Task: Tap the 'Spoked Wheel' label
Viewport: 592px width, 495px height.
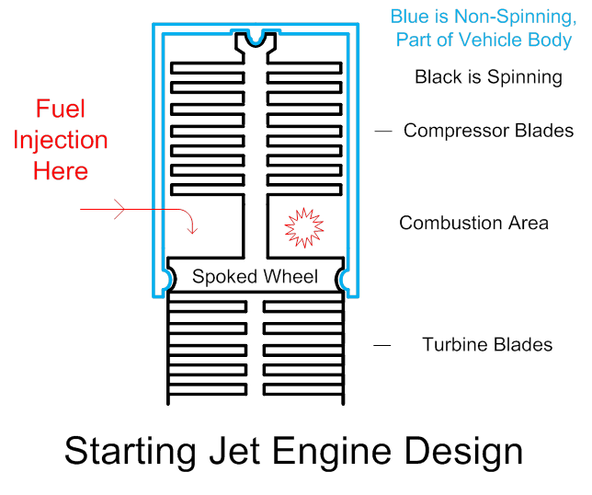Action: tap(255, 277)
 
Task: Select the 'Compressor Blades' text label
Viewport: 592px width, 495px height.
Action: tap(488, 132)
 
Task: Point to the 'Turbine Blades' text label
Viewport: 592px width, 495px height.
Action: tap(487, 345)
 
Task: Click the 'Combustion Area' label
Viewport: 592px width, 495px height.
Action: tap(473, 223)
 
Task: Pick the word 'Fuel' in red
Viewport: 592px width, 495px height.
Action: tap(61, 109)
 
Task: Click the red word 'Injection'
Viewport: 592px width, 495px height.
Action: tap(61, 140)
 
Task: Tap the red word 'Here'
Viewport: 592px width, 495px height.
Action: tap(61, 171)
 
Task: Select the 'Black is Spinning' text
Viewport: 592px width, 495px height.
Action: tap(488, 77)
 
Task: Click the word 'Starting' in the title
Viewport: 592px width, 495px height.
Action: tap(128, 454)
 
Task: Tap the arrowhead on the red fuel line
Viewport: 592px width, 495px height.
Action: tap(119, 211)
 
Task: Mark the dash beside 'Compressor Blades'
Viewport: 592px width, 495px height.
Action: tap(382, 132)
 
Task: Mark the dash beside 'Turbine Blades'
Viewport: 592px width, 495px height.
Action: tap(381, 345)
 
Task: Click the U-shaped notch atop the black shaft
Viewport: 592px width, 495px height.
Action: tap(255, 41)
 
